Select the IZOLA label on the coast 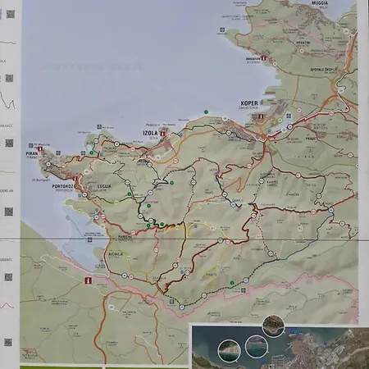coord(150,132)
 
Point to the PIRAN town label coord(33,153)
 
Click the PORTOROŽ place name coord(62,186)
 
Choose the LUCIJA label coord(104,186)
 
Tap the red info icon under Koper coord(261,118)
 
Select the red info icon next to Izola coord(163,132)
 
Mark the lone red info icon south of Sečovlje coord(89,280)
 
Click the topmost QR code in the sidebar coord(9,14)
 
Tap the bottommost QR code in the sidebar coord(9,342)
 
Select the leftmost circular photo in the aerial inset coord(232,350)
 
